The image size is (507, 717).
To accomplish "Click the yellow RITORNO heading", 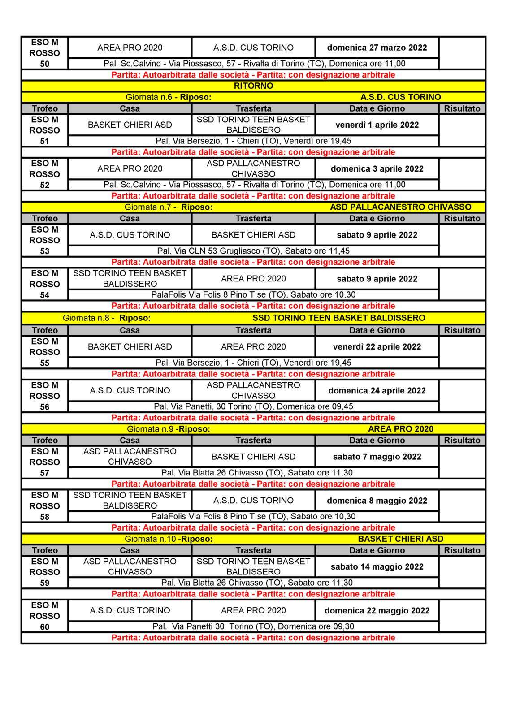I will click(253, 86).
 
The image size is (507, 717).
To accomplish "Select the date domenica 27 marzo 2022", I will click(377, 48).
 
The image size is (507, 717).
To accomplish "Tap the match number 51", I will click(44, 141).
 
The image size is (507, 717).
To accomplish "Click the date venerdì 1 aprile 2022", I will click(377, 125).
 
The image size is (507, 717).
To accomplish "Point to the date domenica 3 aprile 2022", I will click(377, 169).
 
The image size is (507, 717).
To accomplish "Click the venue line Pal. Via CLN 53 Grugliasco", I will click(253, 251).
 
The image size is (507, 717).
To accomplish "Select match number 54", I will click(44, 295).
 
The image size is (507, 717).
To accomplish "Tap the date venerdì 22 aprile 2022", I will click(377, 347).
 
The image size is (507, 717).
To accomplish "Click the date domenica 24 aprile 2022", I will click(377, 391).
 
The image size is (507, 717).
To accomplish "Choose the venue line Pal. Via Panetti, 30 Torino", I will click(253, 406).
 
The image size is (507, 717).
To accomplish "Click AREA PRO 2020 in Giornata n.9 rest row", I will click(400, 429).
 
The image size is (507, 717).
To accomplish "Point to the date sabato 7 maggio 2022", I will click(377, 457).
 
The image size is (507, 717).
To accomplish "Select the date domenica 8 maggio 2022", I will click(377, 501).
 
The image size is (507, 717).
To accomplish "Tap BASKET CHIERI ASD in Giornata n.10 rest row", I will click(400, 539).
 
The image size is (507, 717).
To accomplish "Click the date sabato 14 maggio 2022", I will click(377, 567).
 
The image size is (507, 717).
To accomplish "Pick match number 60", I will click(44, 627).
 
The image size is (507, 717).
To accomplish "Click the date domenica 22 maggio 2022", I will click(377, 611).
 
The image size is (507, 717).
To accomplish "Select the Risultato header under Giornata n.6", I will click(462, 108).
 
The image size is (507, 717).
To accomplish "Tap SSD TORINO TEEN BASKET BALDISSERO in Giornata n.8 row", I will click(338, 318).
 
